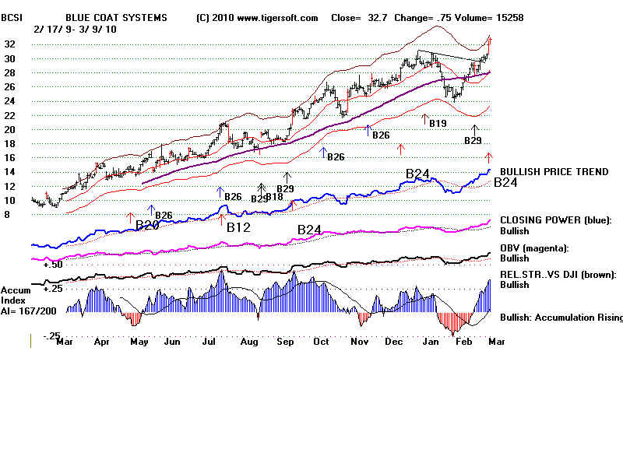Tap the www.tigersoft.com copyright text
coord(257,17)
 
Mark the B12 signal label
coord(238,228)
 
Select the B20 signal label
coord(147,226)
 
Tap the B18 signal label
coord(274,198)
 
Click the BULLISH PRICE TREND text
coord(553,171)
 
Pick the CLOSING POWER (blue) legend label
coord(556,220)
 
